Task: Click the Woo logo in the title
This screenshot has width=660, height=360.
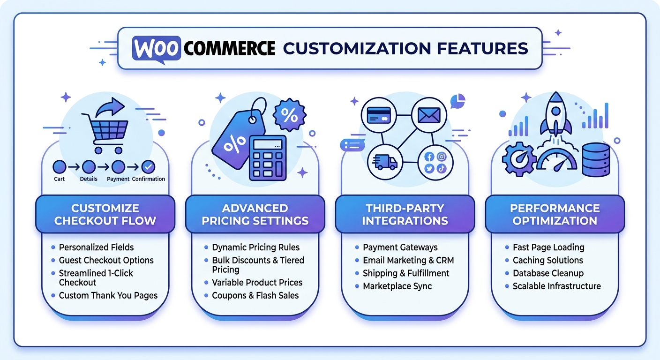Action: tap(156, 49)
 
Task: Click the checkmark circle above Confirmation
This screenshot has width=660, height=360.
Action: tap(148, 167)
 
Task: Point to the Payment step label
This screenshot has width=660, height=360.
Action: tap(118, 179)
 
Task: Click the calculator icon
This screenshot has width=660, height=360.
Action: tap(268, 157)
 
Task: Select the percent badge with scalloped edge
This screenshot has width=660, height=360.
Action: tap(289, 115)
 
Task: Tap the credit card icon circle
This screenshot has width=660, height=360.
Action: tap(379, 115)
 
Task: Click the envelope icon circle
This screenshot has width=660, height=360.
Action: tap(429, 115)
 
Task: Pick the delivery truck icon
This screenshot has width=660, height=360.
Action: tap(385, 162)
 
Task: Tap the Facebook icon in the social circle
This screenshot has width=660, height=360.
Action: tap(429, 157)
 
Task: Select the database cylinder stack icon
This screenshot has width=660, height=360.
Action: tap(596, 159)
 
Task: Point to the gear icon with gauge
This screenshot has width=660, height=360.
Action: tap(519, 159)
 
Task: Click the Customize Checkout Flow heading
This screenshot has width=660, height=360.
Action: tap(105, 215)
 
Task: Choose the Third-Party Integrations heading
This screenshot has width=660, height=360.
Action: tap(405, 215)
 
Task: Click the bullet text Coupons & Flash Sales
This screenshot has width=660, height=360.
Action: tap(255, 295)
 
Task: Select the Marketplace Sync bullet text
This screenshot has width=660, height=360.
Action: tap(397, 286)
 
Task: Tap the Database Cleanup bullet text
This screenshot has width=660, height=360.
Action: tap(548, 273)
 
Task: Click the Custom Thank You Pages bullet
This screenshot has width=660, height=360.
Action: tap(108, 295)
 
